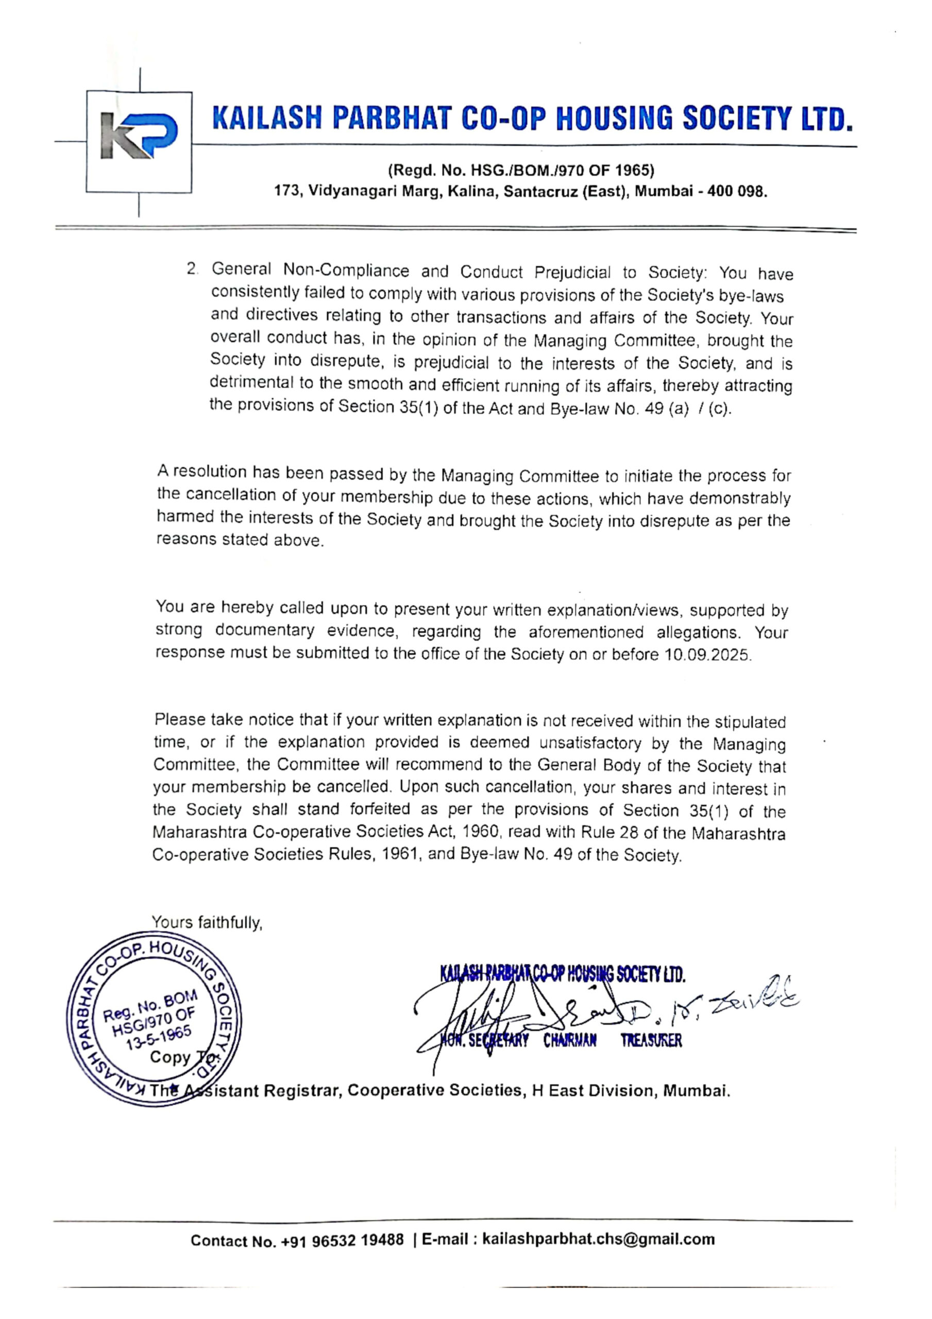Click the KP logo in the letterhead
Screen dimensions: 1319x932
click(139, 137)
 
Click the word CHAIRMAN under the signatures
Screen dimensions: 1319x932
click(570, 1040)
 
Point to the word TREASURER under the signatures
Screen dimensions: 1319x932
click(651, 1040)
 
